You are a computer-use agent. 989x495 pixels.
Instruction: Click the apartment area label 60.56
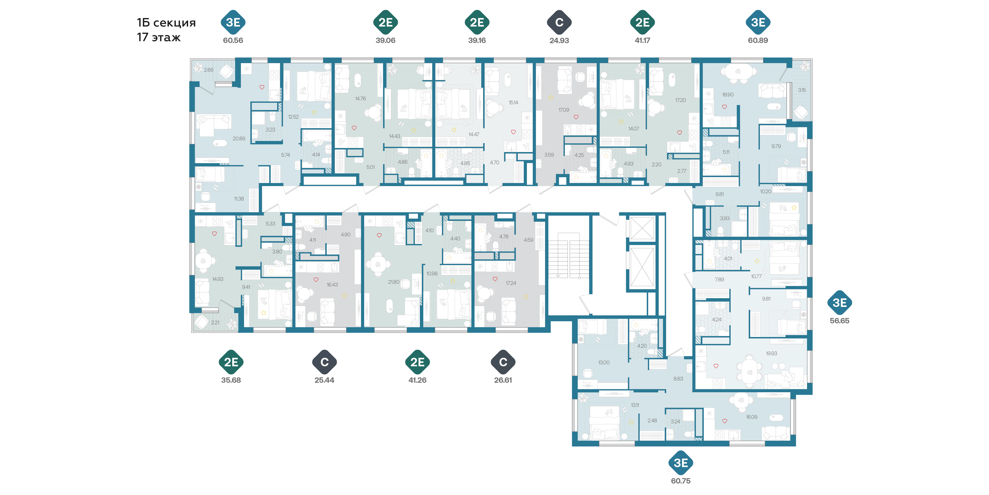[233, 40]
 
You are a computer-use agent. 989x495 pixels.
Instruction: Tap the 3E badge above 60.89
[758, 22]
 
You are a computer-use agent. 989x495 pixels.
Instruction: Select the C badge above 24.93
[559, 22]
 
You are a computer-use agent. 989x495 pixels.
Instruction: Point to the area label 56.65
[840, 321]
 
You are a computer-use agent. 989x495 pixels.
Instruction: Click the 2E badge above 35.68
[231, 362]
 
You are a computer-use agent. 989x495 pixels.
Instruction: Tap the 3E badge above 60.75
[681, 463]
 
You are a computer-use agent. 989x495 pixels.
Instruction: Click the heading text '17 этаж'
[159, 37]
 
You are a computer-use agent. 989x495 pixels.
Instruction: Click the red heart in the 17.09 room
[576, 117]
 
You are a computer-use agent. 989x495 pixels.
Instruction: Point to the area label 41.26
[417, 380]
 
